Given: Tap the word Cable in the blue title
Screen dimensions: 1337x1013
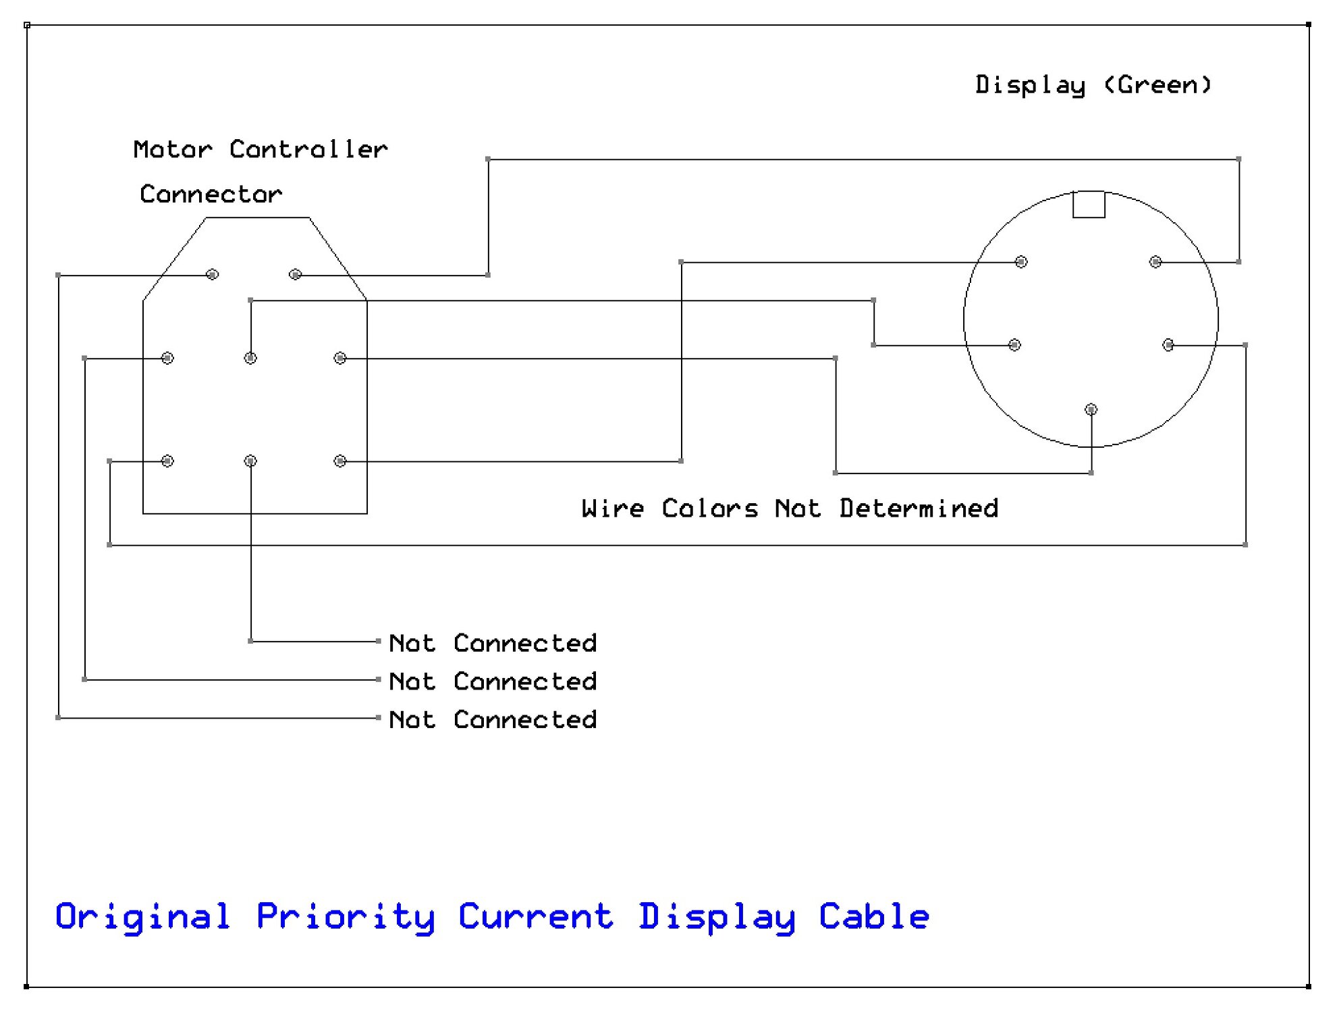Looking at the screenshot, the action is coord(874,916).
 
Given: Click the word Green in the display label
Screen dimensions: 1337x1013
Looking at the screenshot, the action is coord(1158,85).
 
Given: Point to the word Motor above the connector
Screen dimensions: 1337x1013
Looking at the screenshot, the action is coord(173,149).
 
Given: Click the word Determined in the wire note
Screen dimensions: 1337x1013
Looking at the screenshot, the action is coord(919,508).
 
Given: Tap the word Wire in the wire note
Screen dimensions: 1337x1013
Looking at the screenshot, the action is coord(613,508).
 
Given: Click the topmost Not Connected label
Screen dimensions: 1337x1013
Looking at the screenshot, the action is coord(493,643).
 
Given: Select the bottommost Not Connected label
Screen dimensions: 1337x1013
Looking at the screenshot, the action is coord(493,719).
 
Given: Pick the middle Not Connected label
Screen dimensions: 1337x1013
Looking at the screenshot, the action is coord(493,681).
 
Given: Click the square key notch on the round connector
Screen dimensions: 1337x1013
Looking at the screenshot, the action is coord(1089,205).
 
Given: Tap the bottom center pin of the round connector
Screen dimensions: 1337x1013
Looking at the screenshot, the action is coord(1091,409).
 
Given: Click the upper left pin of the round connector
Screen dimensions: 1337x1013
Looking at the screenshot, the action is coord(1021,261).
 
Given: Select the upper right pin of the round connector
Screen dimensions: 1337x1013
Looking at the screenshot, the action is coord(1155,261).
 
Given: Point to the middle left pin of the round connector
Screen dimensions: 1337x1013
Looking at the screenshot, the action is coord(1014,345).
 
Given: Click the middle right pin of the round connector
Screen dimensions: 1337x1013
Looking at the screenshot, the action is coord(1168,345).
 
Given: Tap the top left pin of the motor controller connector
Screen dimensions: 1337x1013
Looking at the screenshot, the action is coord(212,274).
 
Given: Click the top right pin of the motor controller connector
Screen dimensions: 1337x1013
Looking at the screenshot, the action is coord(295,274).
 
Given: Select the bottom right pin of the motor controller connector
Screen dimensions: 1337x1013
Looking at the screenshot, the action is coord(340,461).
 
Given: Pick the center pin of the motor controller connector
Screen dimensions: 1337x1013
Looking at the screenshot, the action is coord(250,358).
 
